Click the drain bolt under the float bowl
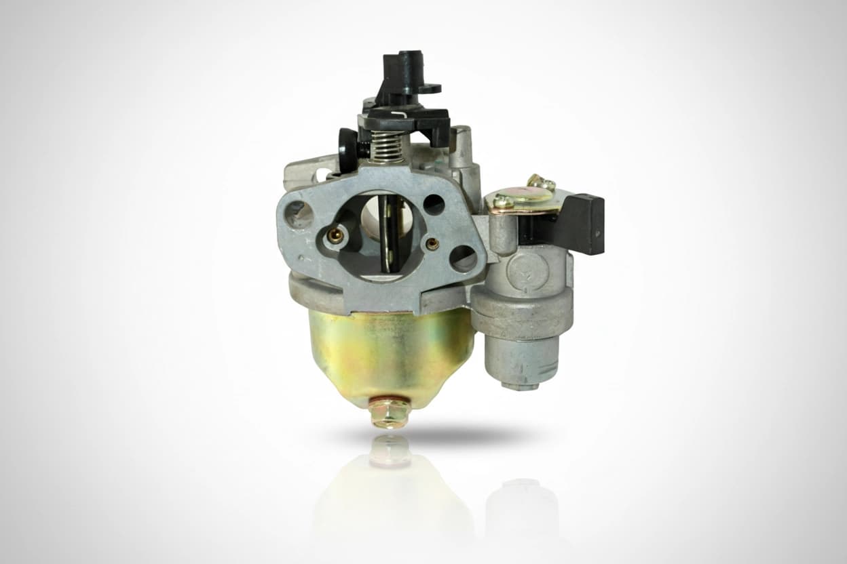390,412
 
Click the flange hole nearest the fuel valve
464,258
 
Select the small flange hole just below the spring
434,204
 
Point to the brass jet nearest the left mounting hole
335,235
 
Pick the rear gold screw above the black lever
540,182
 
